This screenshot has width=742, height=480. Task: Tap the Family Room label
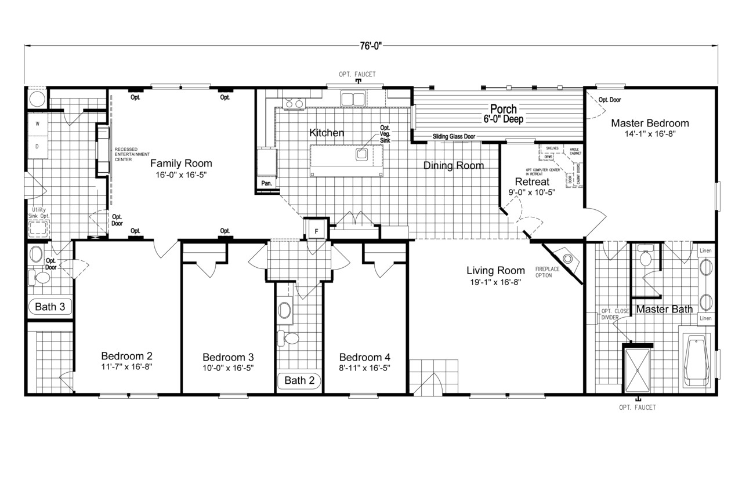181,163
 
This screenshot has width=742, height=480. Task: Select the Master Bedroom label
650,123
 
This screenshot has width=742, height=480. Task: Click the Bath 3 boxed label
50,306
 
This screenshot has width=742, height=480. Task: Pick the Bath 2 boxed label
299,381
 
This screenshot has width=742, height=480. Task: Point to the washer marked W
37,124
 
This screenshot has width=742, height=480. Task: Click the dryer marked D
37,147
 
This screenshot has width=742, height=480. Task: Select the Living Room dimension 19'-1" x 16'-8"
495,283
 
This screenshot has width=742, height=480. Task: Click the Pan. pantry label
267,183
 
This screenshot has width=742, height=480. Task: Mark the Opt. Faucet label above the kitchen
357,74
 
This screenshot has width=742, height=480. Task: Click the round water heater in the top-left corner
36,97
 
